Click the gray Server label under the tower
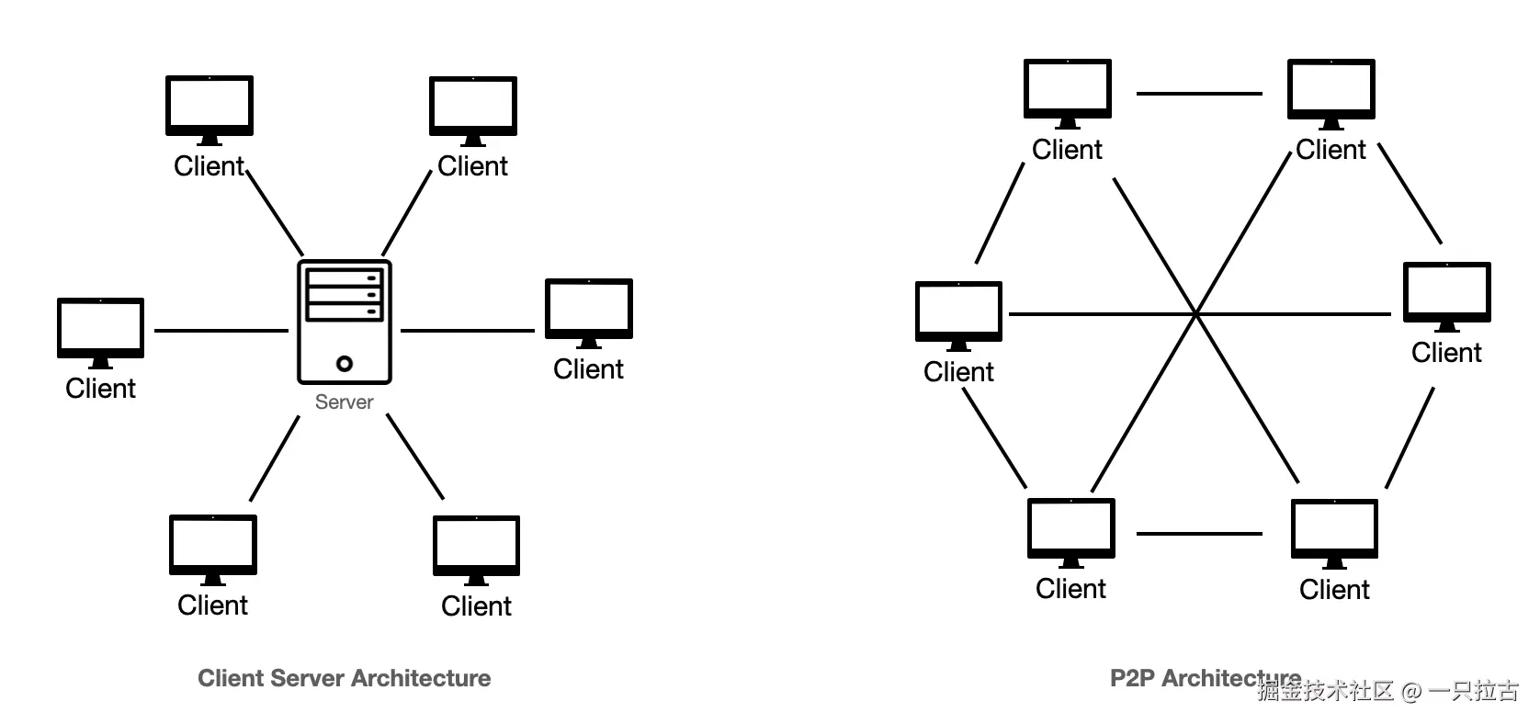[344, 402]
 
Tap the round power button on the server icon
[345, 363]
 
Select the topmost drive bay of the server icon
[345, 277]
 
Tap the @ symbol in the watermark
[1411, 691]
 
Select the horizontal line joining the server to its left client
[221, 330]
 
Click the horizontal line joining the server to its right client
[467, 330]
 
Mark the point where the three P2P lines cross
[1196, 314]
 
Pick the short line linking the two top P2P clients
[1199, 93]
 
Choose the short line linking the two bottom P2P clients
[1199, 533]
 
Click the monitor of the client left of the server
[100, 326]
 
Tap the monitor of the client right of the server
[589, 308]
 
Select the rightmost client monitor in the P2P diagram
[1446, 291]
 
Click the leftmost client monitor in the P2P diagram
[958, 311]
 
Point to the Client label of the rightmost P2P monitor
[1446, 353]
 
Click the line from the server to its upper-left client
[275, 212]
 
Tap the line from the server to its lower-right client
[415, 457]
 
